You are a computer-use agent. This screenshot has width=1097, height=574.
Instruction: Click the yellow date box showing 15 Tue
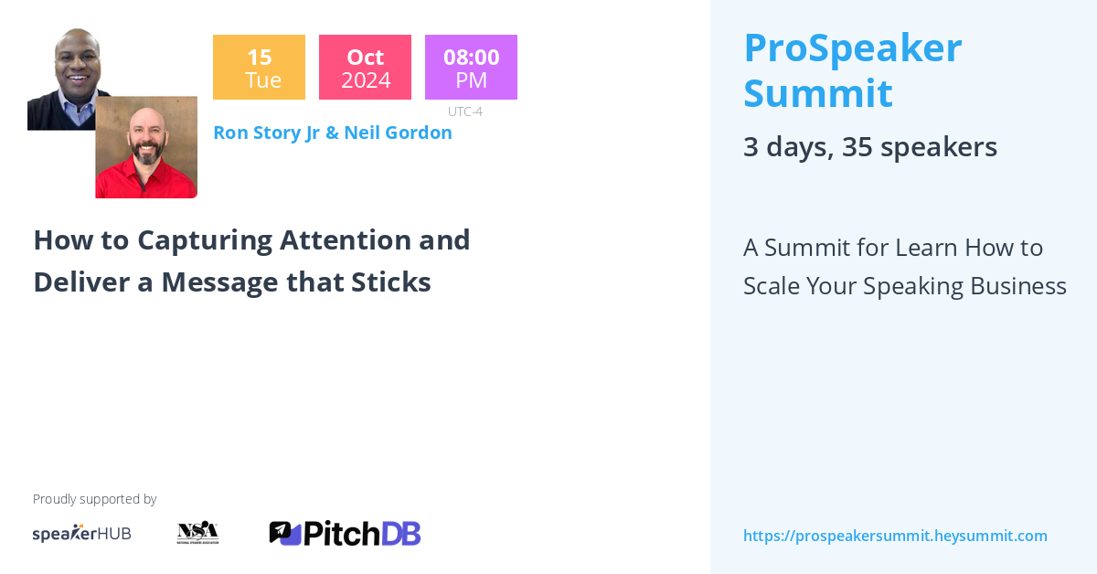259,68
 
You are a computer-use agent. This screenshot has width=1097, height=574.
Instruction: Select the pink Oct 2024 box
365,68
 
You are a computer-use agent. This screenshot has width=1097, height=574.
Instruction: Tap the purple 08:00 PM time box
471,68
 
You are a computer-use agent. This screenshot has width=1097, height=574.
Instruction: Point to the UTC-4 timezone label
464,112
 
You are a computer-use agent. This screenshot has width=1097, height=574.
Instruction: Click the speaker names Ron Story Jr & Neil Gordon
332,133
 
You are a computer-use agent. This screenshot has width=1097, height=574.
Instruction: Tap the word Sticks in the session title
390,282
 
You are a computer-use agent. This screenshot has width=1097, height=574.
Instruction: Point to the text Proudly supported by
94,499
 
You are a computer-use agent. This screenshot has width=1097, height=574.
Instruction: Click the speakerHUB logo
81,534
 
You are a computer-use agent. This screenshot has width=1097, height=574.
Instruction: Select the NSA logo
197,532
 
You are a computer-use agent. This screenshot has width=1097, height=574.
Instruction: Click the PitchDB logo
345,533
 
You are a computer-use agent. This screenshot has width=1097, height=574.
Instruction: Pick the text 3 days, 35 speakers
869,147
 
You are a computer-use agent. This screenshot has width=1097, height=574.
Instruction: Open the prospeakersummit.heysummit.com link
895,537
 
